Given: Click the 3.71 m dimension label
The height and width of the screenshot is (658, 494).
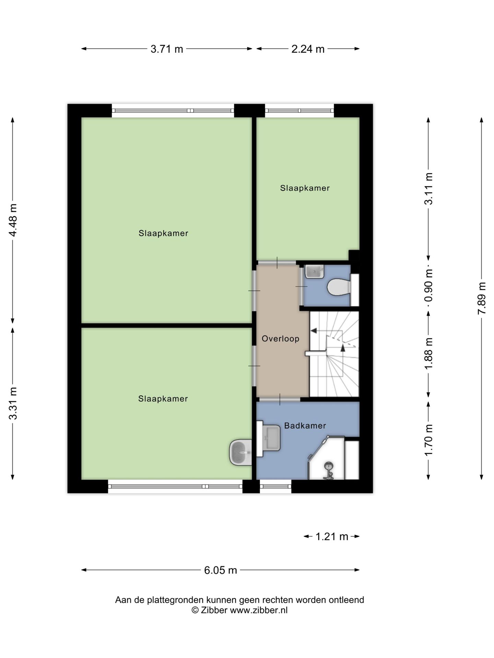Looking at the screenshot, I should coord(167,49).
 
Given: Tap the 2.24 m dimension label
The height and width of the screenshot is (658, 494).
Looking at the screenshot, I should coord(308,49).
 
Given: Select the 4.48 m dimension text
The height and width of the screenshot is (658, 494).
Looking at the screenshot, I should coord(13,220).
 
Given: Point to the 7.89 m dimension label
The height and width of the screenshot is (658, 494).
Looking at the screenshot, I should coord(482,298).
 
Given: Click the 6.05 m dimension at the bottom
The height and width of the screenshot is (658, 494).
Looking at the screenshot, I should coord(221,570).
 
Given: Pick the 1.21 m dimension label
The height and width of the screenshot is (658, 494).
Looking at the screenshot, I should coord(332,536).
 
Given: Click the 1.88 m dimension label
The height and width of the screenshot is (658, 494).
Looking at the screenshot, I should coord(428,353).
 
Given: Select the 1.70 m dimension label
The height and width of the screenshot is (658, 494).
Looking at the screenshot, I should coord(428,440).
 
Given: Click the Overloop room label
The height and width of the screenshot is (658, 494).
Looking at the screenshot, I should coord(281,339).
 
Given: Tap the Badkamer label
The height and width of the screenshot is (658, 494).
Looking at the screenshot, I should coord(305,426).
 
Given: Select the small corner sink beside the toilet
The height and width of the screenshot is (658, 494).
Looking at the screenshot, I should coord(314,271).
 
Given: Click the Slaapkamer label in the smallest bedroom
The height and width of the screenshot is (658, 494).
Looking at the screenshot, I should coord(305,188).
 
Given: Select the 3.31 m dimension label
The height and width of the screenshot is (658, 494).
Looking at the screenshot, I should coord(13,403).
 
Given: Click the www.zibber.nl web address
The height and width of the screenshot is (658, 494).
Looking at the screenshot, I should coord(259,610).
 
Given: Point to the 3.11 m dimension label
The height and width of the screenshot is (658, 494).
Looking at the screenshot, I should coord(428,189).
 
